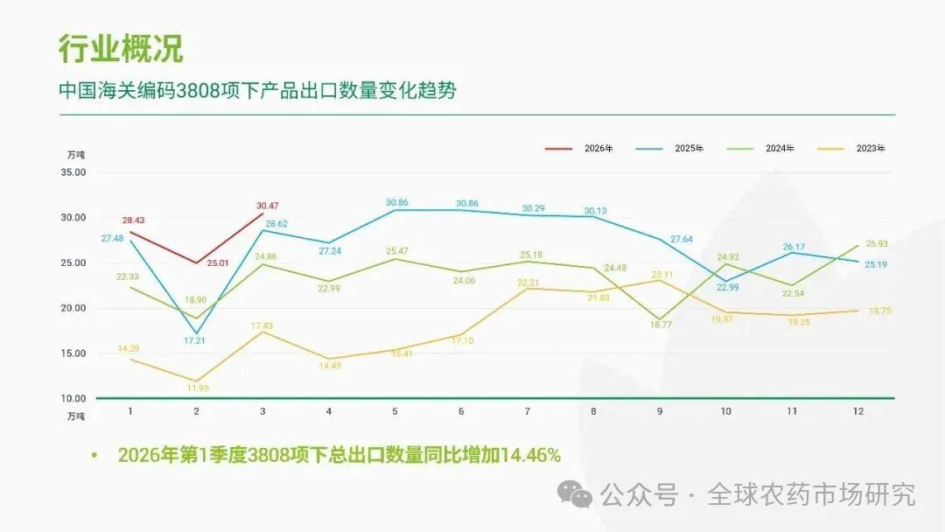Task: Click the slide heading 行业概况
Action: (121, 49)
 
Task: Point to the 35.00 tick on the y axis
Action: (73, 172)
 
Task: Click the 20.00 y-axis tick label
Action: (73, 308)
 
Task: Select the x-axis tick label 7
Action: (528, 411)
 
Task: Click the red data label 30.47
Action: (268, 206)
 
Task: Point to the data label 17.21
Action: (194, 341)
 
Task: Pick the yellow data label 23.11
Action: (662, 275)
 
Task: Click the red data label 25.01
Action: (218, 262)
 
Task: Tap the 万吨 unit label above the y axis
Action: (76, 154)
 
